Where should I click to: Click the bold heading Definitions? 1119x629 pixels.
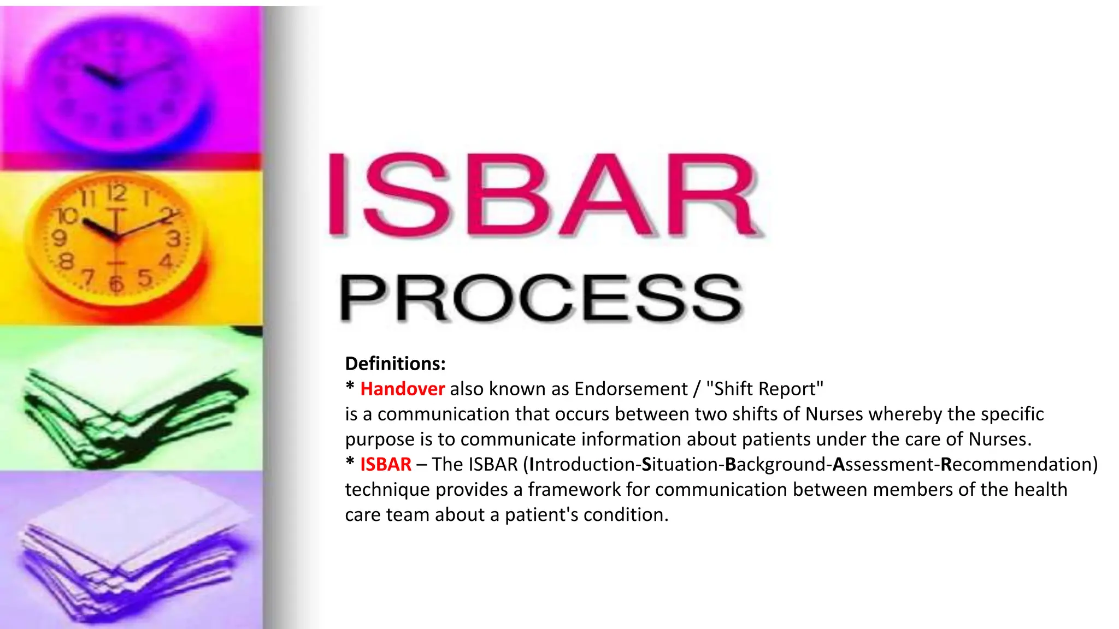click(395, 364)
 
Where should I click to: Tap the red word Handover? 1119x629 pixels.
click(402, 389)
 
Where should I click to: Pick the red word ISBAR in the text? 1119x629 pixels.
click(385, 464)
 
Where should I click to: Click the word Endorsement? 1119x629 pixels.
click(631, 389)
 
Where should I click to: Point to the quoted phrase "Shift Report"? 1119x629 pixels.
click(764, 389)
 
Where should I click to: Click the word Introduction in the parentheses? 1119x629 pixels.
click(581, 464)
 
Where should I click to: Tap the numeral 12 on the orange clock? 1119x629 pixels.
click(116, 193)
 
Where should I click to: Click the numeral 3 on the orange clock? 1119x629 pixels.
click(173, 239)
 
